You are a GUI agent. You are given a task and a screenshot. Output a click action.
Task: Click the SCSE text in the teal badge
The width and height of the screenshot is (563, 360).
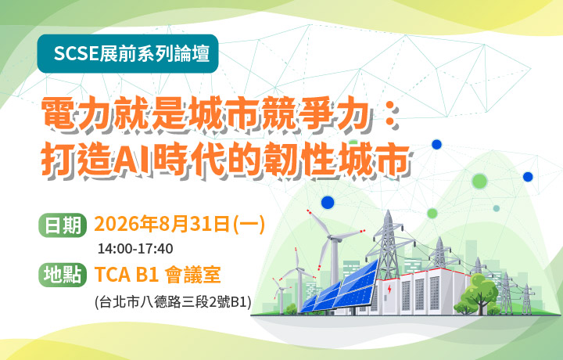(76, 53)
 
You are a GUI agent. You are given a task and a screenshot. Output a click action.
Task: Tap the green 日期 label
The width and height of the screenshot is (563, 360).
(63, 225)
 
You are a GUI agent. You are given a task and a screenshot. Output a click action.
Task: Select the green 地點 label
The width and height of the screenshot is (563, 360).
(63, 275)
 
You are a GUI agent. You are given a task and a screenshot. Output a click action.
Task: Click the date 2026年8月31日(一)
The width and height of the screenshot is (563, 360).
(180, 224)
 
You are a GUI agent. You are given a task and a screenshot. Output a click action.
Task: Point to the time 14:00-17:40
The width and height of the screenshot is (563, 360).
(135, 249)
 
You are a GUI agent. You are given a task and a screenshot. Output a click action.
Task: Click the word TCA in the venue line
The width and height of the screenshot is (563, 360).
(112, 275)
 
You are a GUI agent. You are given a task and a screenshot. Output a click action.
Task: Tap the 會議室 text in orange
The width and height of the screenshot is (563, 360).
(193, 275)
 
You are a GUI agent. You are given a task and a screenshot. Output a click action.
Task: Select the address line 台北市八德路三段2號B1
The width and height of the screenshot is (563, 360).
(173, 302)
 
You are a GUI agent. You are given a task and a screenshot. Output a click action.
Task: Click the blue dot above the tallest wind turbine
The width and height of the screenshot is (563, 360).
(328, 203)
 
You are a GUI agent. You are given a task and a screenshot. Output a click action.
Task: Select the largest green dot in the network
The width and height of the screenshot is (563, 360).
(479, 181)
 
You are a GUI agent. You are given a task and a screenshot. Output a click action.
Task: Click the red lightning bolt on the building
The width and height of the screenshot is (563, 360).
(389, 290)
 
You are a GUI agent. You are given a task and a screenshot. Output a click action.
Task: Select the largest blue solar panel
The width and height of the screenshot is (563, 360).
(357, 284)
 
